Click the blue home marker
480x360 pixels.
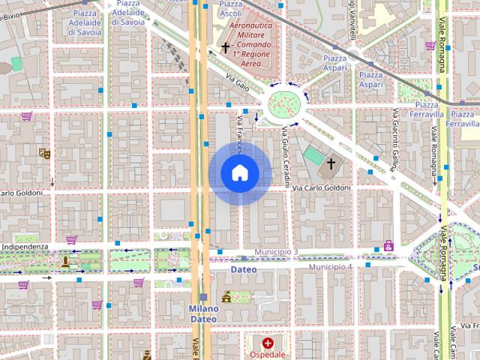click(x=239, y=172)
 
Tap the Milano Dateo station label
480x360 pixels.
click(x=203, y=313)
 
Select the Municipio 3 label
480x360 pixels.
click(x=276, y=252)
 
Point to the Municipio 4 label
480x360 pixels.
click(x=331, y=266)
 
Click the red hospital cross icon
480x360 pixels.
click(x=267, y=343)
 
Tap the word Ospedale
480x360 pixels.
click(x=268, y=355)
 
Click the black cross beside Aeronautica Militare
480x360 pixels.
click(x=225, y=47)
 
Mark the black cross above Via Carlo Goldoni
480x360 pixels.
click(x=331, y=162)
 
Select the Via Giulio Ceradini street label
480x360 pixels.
click(x=286, y=154)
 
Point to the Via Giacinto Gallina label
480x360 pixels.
click(x=394, y=139)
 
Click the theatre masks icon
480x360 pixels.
click(x=44, y=152)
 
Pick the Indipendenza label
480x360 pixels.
click(x=24, y=247)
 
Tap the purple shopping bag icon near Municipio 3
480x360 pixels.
click(x=388, y=245)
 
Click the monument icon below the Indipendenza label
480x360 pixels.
click(x=65, y=261)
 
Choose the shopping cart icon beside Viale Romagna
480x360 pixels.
click(x=430, y=45)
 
